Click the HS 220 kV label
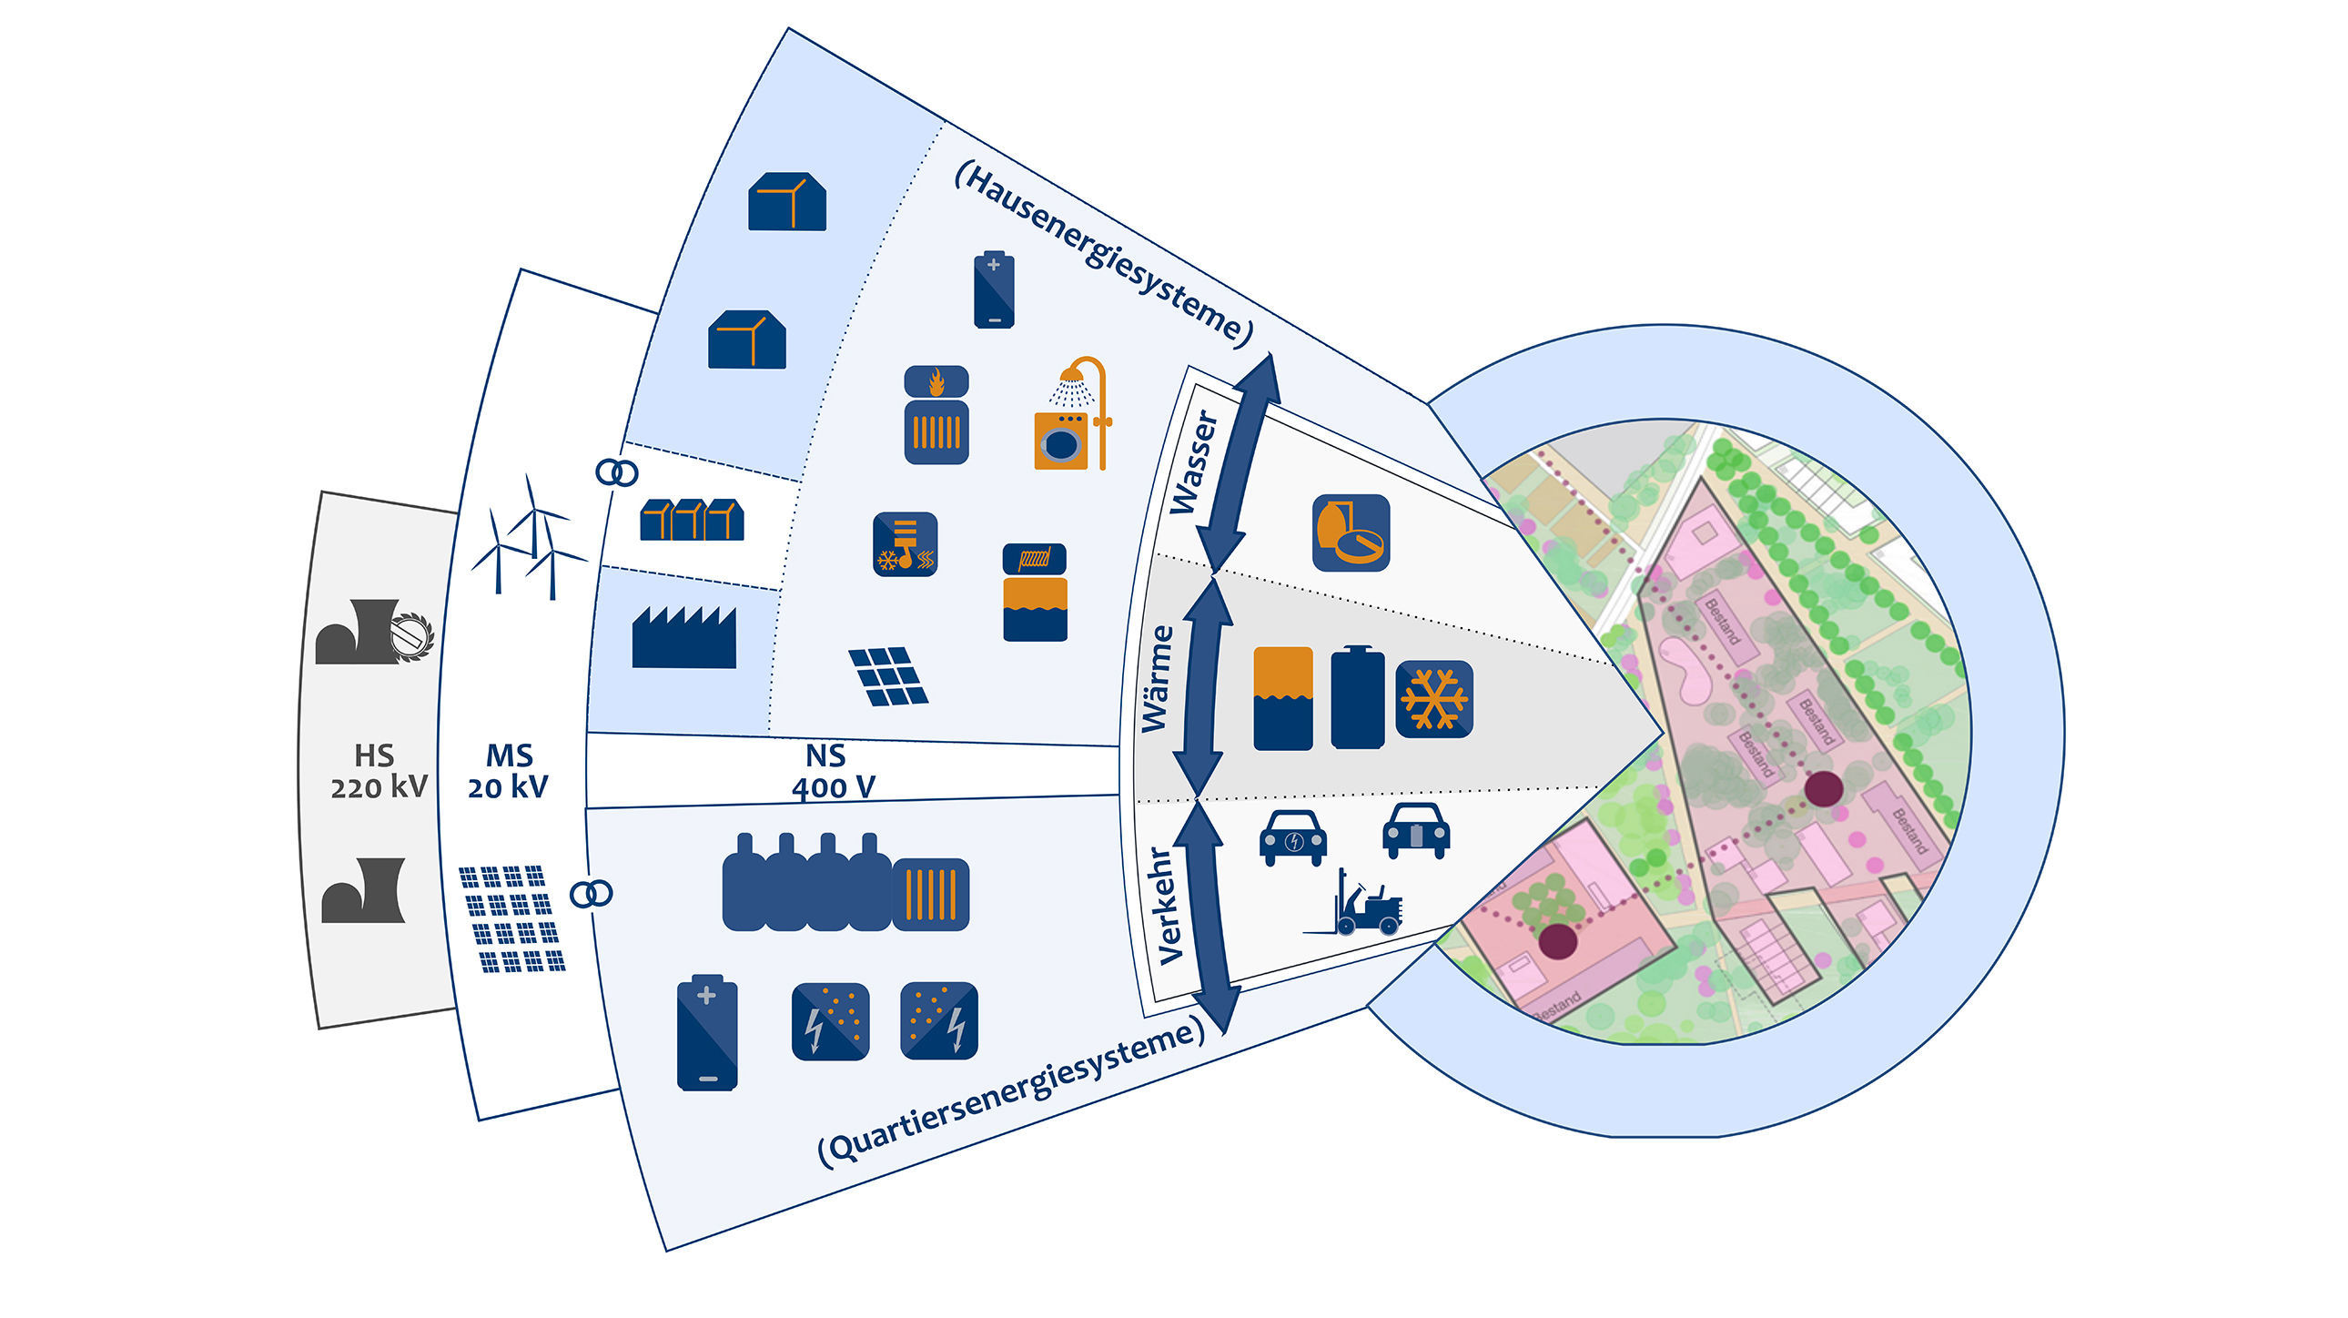coord(378,771)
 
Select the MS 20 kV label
coord(508,771)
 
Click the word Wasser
coord(1193,462)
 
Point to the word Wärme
coord(1158,678)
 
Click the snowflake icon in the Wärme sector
coord(1433,699)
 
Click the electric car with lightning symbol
coord(1292,836)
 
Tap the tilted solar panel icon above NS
coord(887,676)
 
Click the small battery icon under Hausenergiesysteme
coord(994,289)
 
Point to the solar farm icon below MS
coord(511,918)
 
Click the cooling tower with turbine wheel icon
coord(373,631)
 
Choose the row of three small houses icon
coord(692,520)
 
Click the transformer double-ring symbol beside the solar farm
coord(591,893)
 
